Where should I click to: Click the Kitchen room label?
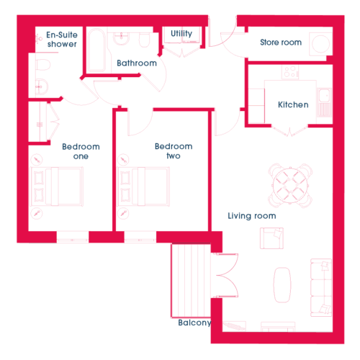tap(293, 104)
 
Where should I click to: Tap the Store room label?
tap(281, 42)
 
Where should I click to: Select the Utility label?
tap(181, 34)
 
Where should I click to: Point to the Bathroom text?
tap(137, 63)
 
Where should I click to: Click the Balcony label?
tap(194, 323)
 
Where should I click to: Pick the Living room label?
tap(252, 216)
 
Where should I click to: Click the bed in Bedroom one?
tap(57, 186)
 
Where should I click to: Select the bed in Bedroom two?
tap(143, 186)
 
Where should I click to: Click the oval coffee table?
tap(282, 285)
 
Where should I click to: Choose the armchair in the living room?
tap(271, 238)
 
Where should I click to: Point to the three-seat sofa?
tap(321, 287)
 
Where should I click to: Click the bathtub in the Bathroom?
tap(96, 50)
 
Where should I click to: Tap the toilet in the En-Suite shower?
tap(42, 65)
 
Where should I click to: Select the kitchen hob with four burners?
tap(290, 72)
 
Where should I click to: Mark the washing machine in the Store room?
tap(320, 44)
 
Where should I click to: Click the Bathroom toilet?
tap(144, 40)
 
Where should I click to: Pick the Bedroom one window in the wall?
tap(73, 237)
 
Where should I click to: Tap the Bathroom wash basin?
tap(122, 39)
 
